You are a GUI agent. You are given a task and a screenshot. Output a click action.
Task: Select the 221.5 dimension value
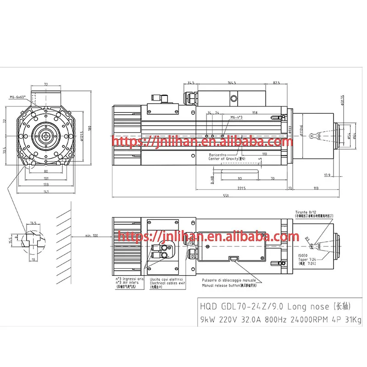242,188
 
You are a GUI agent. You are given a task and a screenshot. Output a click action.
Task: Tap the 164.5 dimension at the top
232,83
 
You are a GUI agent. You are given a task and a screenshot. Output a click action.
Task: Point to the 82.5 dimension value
276,83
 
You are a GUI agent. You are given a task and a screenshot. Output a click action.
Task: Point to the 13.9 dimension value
327,175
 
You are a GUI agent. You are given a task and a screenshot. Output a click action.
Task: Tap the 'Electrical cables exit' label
167,283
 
